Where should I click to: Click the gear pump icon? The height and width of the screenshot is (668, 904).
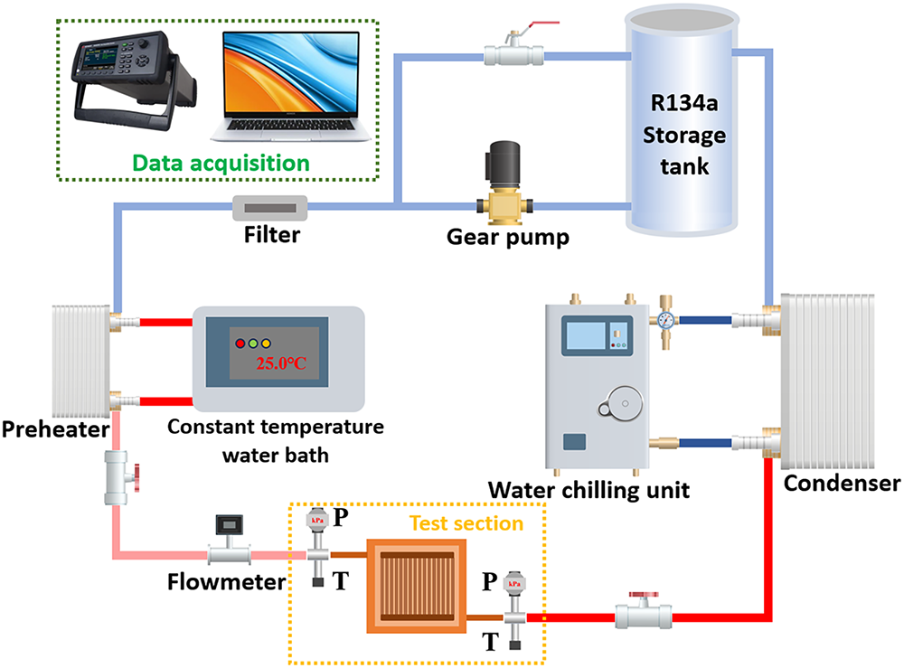click(x=504, y=183)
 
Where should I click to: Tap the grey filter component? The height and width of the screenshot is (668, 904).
click(x=269, y=208)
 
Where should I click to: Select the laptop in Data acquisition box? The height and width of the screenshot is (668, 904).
click(x=291, y=87)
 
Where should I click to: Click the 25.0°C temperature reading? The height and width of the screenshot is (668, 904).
click(x=281, y=363)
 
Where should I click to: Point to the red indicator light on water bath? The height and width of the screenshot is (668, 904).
click(x=240, y=343)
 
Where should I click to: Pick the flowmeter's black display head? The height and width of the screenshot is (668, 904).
click(x=229, y=524)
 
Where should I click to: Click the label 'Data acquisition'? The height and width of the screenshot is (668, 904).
click(x=221, y=163)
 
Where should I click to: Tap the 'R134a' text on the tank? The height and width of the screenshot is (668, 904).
click(x=684, y=103)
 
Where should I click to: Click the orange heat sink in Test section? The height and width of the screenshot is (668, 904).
click(x=416, y=586)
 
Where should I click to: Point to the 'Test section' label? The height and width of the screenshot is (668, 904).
click(x=466, y=523)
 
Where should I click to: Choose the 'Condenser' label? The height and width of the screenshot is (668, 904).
click(x=842, y=483)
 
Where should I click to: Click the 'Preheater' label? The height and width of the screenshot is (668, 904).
click(x=55, y=429)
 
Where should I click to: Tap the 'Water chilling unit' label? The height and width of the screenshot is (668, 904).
click(x=589, y=491)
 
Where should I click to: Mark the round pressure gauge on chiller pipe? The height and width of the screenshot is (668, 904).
click(x=666, y=320)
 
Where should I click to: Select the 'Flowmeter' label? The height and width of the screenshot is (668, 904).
click(x=226, y=581)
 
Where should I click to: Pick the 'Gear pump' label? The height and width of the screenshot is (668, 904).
click(x=508, y=237)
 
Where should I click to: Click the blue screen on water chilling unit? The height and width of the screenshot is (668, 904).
click(x=585, y=335)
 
